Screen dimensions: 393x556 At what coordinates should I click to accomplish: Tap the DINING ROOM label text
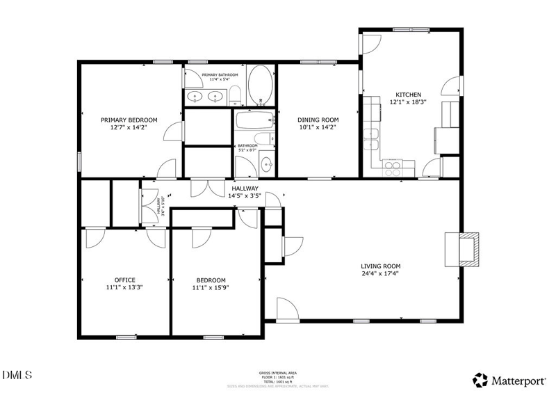[318, 120]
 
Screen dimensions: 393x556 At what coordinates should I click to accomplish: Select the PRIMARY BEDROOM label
[129, 120]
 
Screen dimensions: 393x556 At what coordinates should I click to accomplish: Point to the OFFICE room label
[125, 280]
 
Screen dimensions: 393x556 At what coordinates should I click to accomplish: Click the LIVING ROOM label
[380, 266]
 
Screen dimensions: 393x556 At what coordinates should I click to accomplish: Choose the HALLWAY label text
[245, 189]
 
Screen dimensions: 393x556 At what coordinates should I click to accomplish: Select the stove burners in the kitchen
[393, 167]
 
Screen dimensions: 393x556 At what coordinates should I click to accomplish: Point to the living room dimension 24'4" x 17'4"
[380, 273]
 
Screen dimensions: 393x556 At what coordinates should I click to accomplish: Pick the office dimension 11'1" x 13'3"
[125, 287]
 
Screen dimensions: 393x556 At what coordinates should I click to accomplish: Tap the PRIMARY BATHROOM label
[220, 74]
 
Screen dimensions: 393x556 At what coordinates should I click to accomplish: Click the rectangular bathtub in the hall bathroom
[252, 121]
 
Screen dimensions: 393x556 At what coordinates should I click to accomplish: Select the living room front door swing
[286, 309]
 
